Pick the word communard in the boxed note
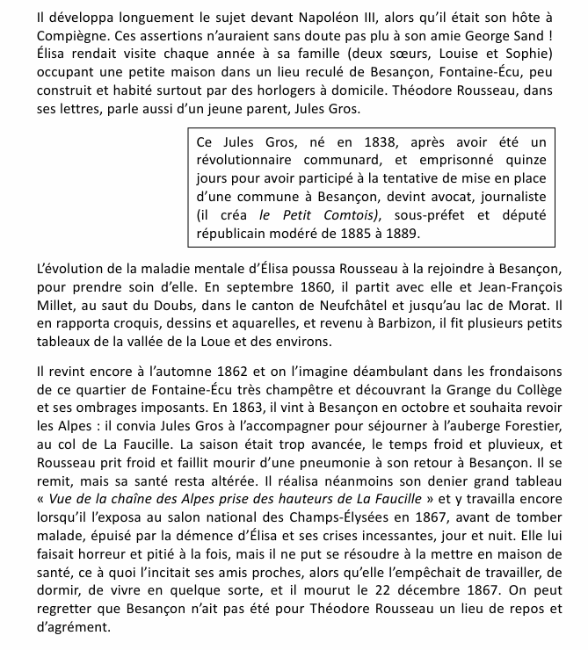tap(345, 162)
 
